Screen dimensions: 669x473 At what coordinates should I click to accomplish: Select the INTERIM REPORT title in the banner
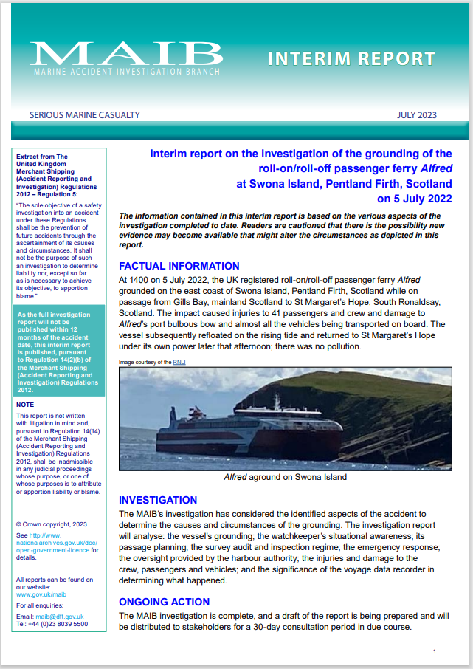(351, 58)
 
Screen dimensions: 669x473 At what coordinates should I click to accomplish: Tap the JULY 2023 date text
(416, 115)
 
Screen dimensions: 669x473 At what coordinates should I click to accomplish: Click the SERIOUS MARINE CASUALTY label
(84, 115)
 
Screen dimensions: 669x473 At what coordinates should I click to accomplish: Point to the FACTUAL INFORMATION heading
(179, 266)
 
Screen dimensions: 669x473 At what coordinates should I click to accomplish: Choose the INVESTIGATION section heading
(158, 500)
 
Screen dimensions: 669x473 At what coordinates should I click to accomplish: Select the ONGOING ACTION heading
(162, 600)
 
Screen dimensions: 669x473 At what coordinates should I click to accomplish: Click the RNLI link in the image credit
(179, 363)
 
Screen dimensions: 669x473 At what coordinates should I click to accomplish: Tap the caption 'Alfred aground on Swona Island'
(285, 477)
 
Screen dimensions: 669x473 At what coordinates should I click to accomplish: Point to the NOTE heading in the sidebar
(25, 405)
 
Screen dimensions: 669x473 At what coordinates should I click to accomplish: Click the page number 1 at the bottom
(435, 651)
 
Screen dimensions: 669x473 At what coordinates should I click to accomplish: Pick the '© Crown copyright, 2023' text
(52, 524)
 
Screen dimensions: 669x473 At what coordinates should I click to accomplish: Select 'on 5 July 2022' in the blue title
(414, 199)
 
